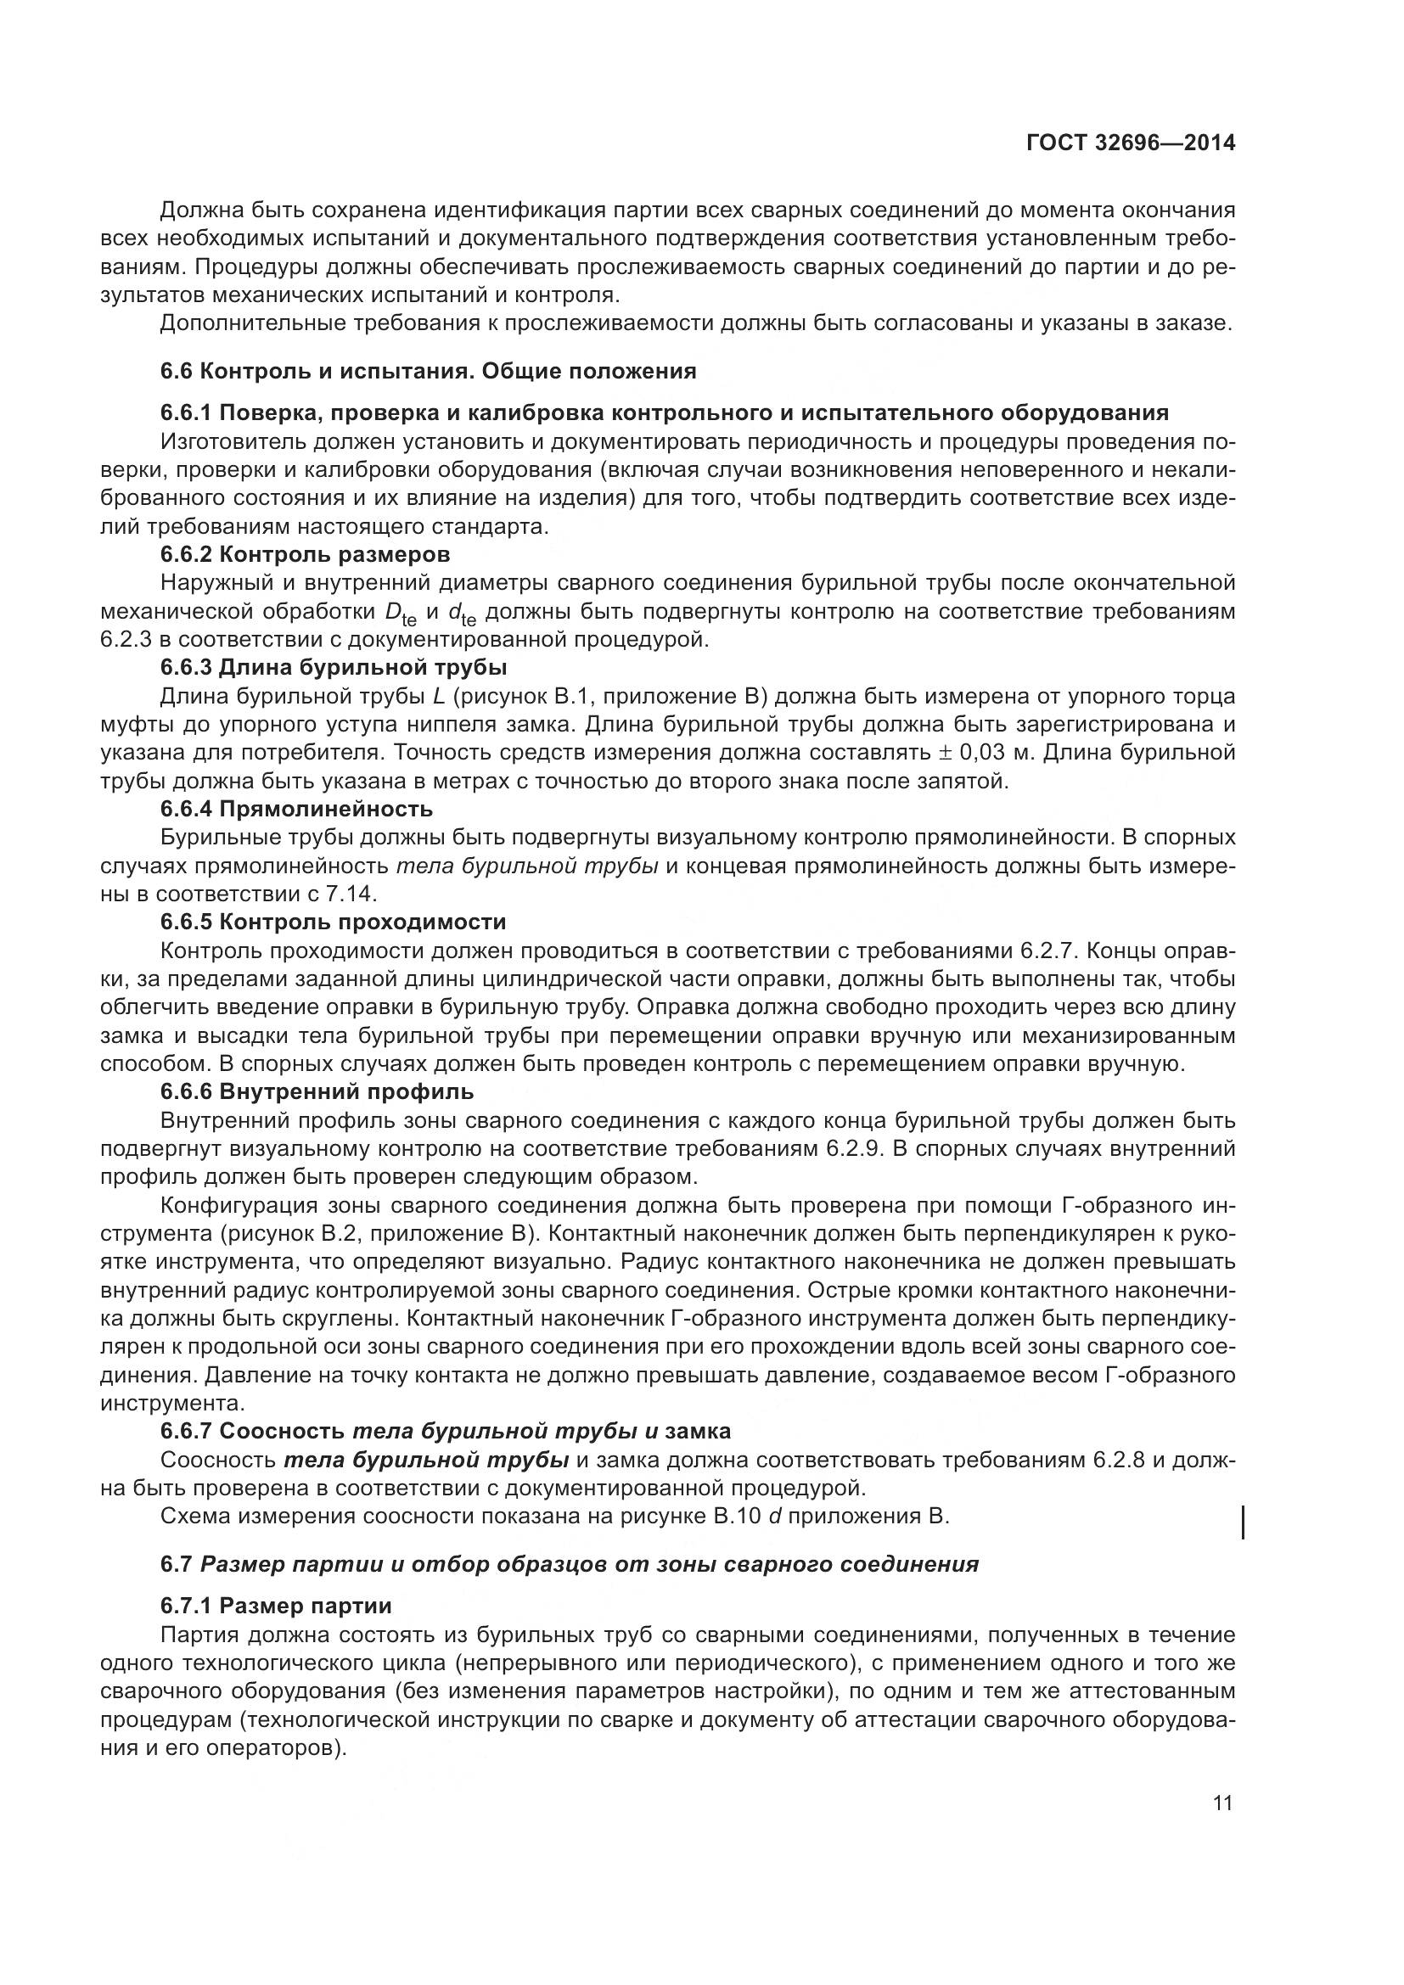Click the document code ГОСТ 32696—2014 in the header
[x=1131, y=143]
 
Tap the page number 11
[x=1223, y=1803]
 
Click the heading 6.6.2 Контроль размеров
[x=306, y=553]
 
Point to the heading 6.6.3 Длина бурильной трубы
[x=334, y=667]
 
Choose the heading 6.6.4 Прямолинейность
[x=296, y=810]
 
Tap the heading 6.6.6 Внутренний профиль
[x=317, y=1092]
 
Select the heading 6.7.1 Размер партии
[x=276, y=1606]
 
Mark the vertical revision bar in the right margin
[x=1244, y=1522]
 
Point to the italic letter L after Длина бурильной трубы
[x=438, y=697]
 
